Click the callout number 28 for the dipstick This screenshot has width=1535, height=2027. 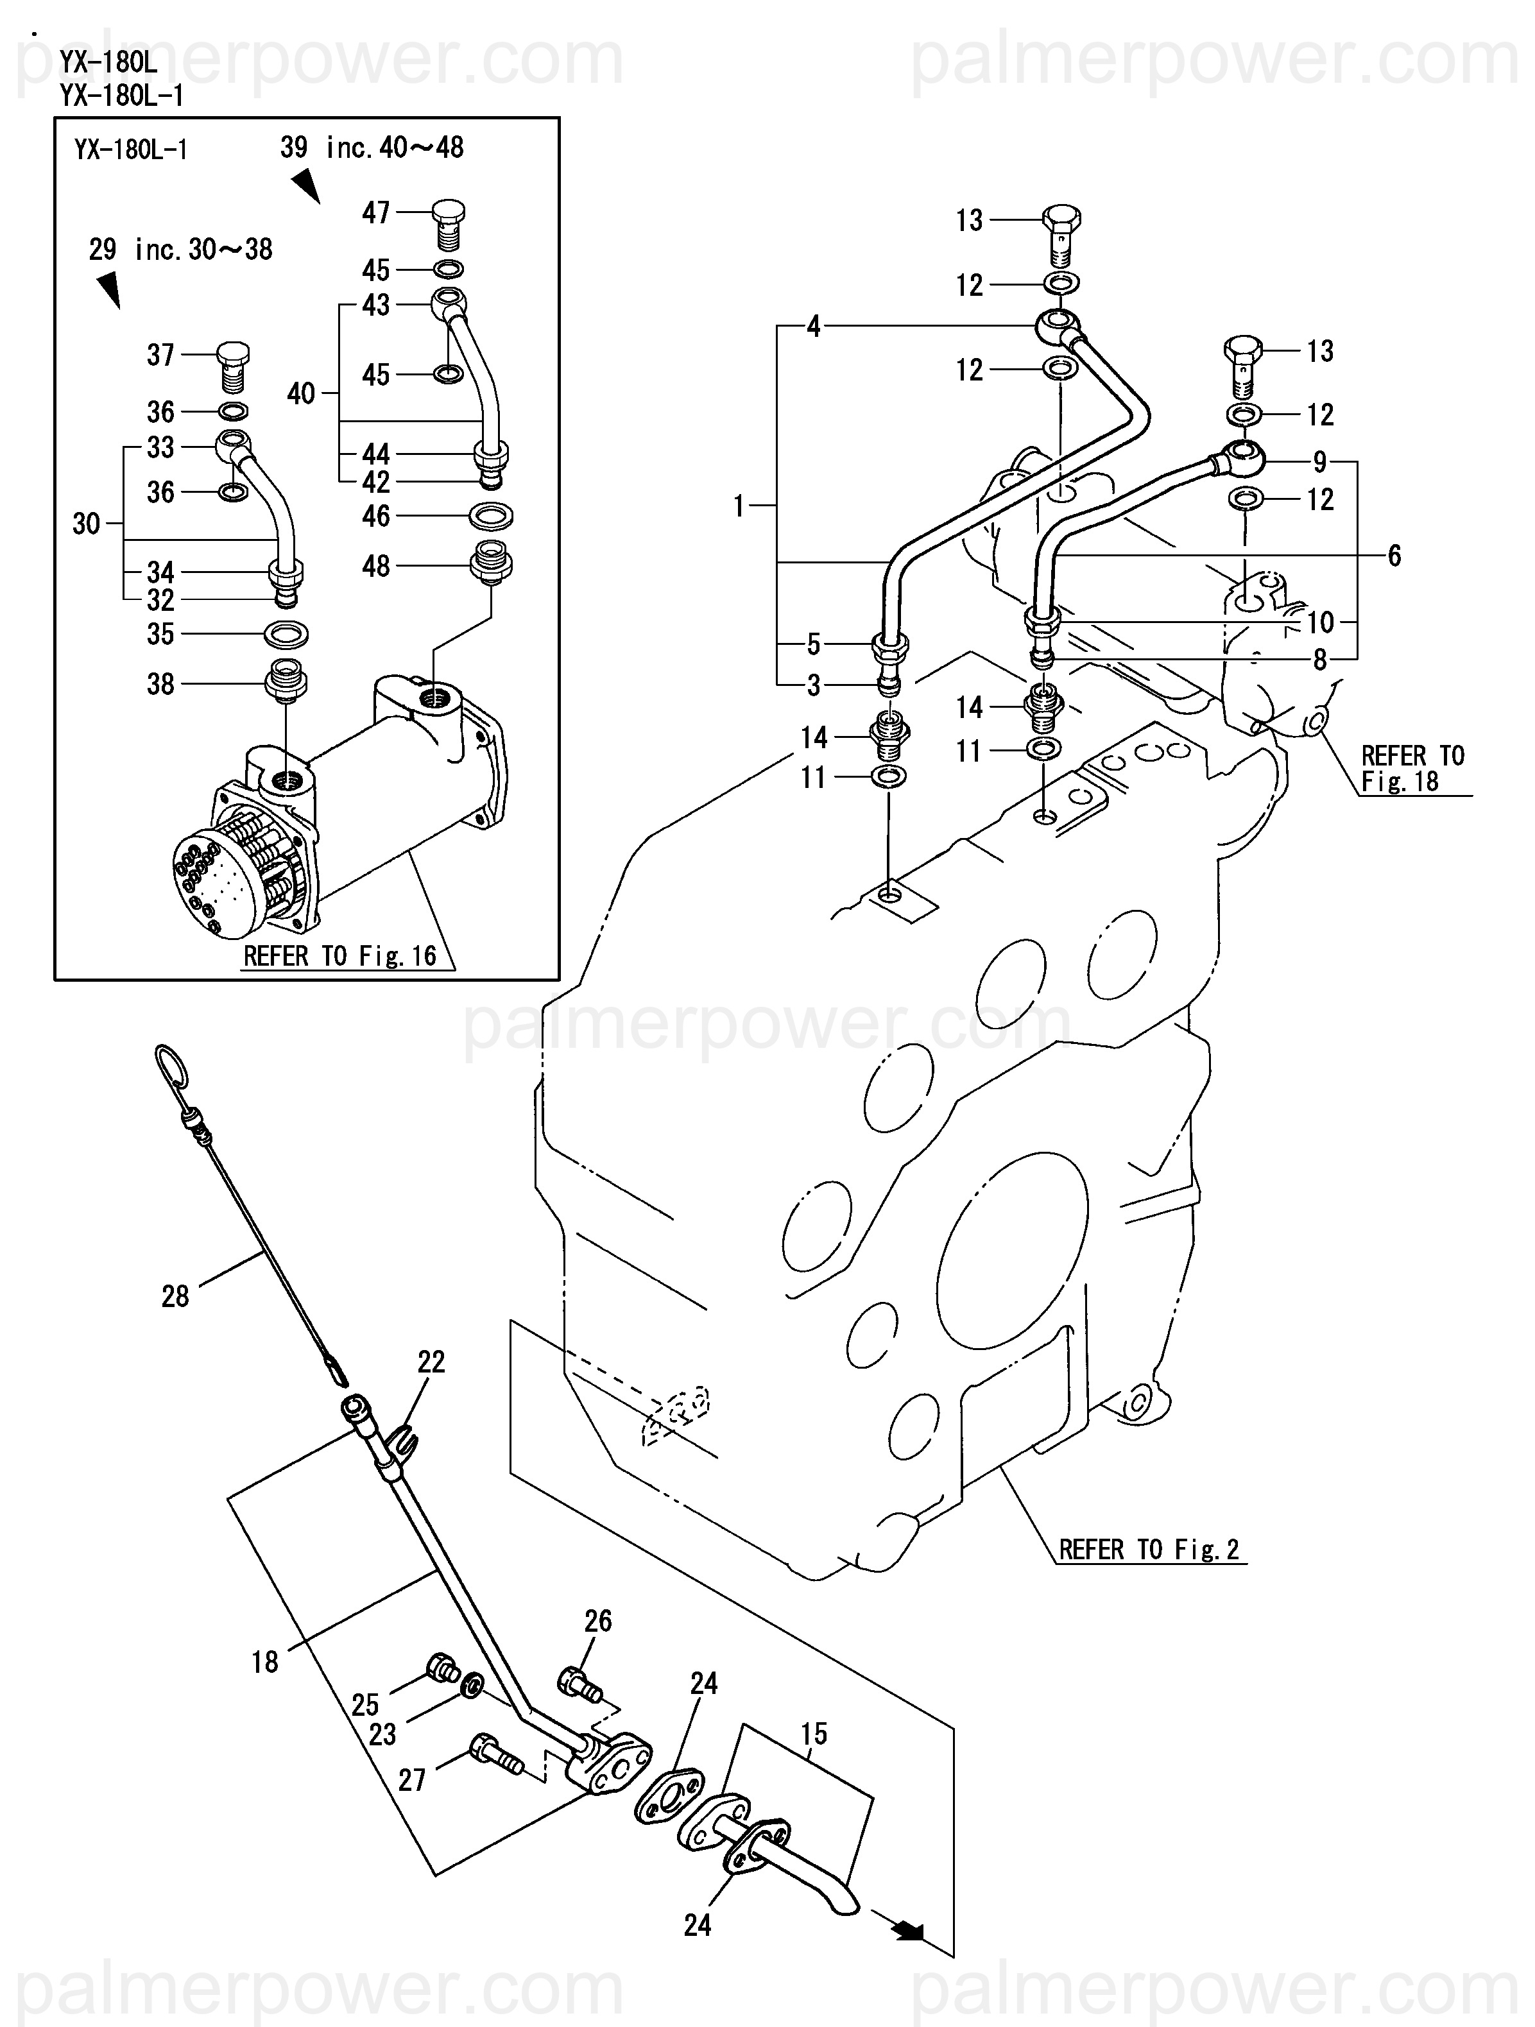click(x=175, y=1297)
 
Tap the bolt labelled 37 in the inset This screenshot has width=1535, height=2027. click(x=233, y=364)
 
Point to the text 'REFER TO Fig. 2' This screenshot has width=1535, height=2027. click(x=1148, y=1550)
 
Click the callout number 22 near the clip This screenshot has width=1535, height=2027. click(x=431, y=1362)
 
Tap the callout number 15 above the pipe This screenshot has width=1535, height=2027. click(x=814, y=1734)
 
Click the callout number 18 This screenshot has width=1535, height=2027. click(x=265, y=1661)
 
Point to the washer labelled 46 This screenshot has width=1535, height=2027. click(x=491, y=517)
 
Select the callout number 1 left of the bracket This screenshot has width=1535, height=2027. click(x=739, y=506)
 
